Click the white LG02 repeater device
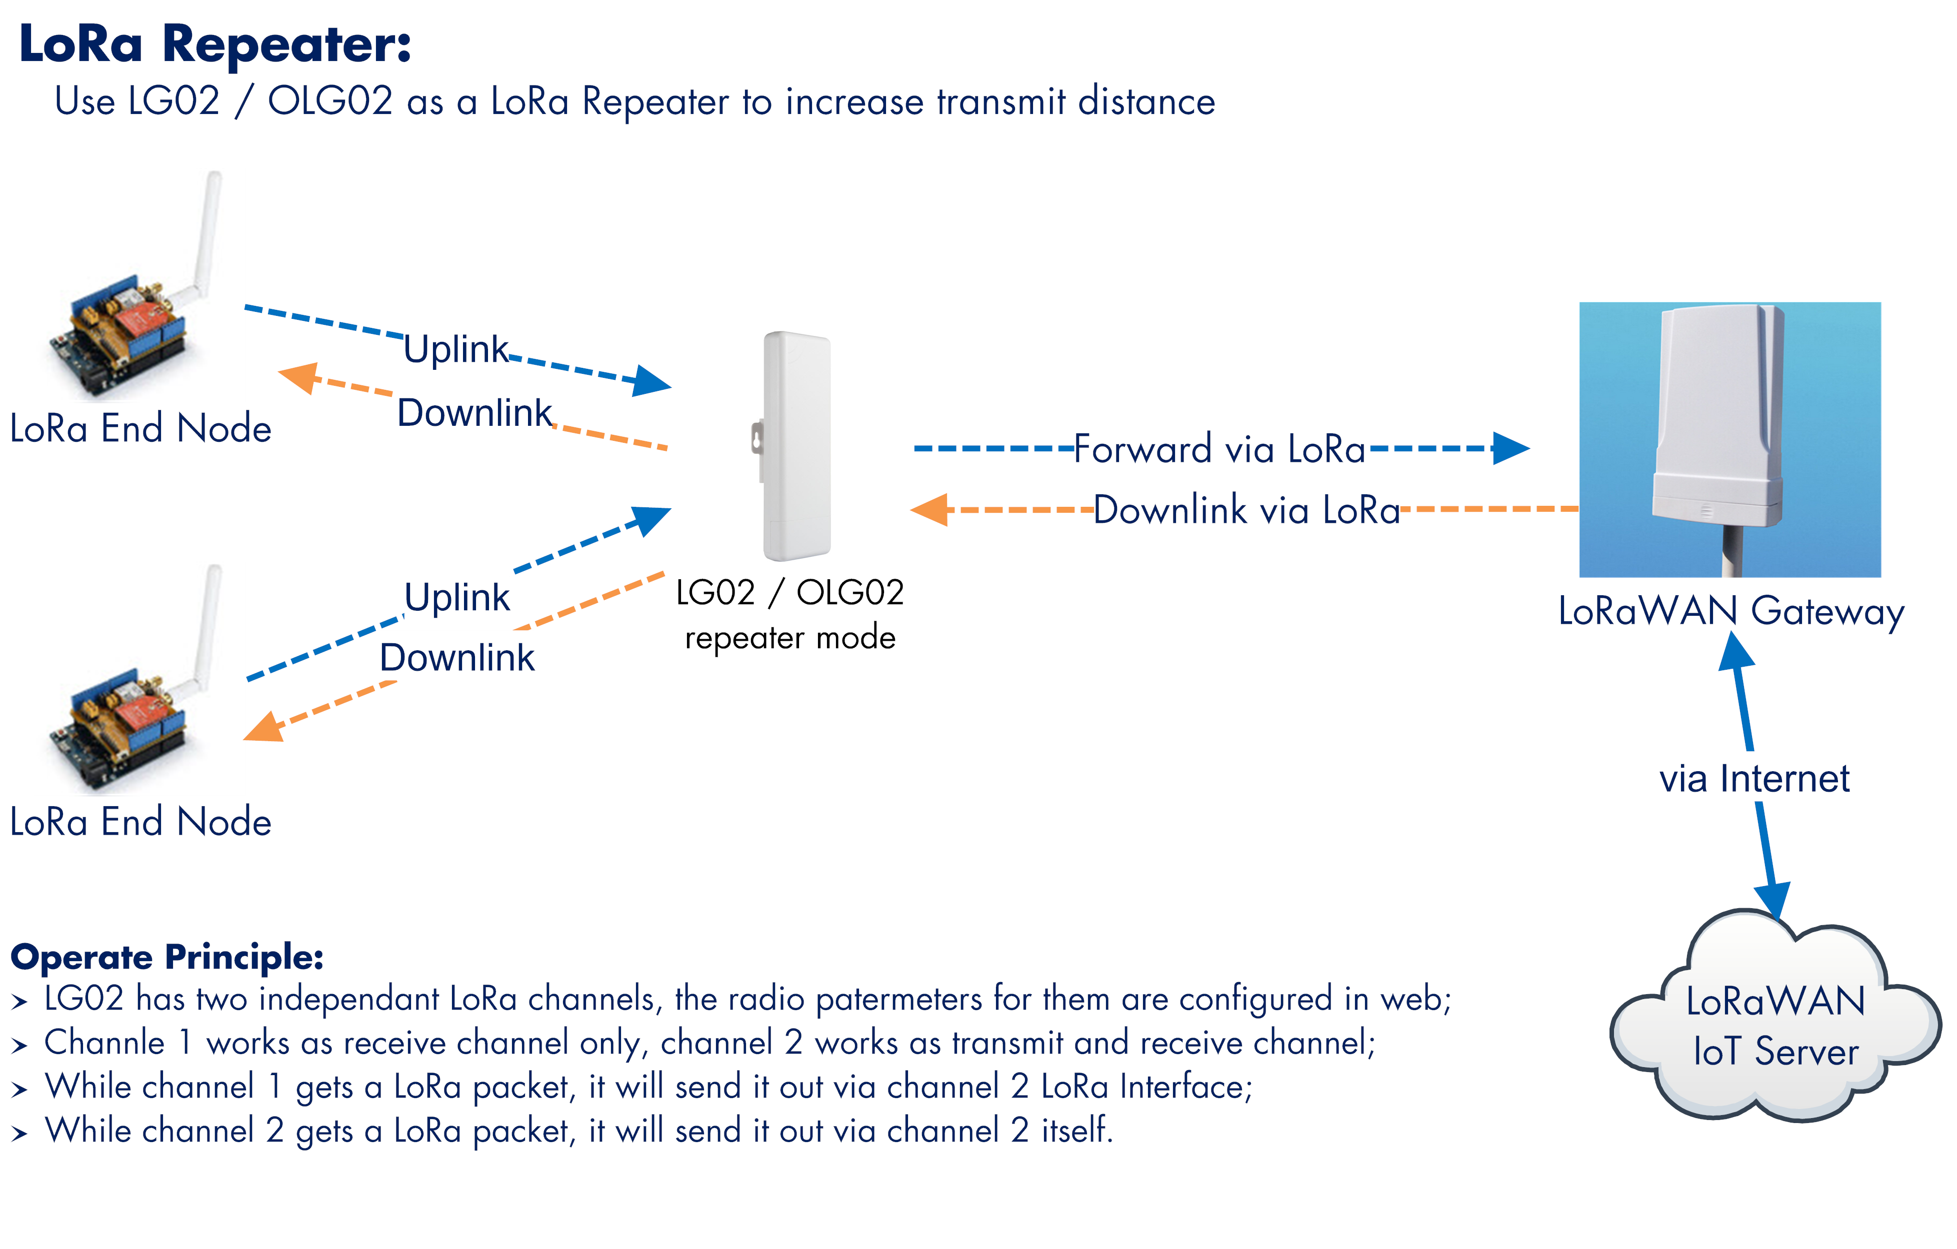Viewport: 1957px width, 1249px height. point(792,446)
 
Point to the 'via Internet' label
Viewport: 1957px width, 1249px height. point(1754,779)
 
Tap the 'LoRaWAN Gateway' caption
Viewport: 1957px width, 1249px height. point(1730,612)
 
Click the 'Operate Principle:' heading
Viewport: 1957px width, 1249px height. point(166,957)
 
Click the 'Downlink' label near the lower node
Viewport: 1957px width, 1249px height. point(456,657)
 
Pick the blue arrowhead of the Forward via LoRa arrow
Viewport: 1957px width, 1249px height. point(1511,448)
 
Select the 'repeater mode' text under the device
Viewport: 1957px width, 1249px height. point(790,638)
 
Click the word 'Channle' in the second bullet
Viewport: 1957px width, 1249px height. point(104,1043)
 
